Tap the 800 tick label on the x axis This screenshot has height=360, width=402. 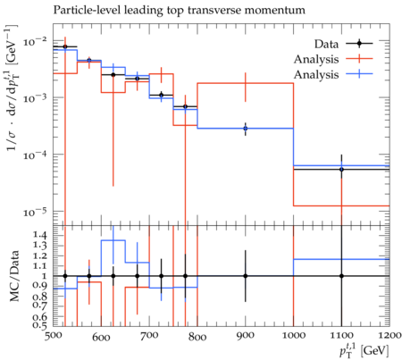(197, 337)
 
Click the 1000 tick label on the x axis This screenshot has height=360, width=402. (293, 335)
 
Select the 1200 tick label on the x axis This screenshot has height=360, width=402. (389, 335)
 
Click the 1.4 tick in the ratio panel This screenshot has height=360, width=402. (40, 236)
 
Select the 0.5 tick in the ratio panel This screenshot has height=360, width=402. (40, 324)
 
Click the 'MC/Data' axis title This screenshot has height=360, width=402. (14, 276)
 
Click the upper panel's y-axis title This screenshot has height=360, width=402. (13, 88)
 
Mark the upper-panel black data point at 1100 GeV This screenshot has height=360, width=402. (341, 170)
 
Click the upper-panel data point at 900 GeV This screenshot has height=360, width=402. (246, 129)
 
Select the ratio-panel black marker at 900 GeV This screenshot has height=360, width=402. (246, 276)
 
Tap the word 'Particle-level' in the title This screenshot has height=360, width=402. (88, 10)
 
